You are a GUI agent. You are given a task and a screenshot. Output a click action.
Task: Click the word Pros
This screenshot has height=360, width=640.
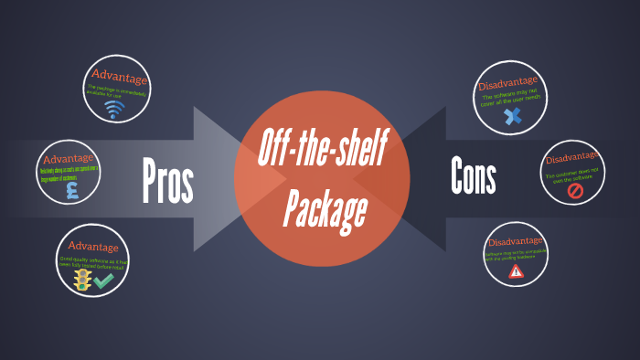[168, 180]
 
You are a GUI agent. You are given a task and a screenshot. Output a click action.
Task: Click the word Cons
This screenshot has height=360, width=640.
[473, 176]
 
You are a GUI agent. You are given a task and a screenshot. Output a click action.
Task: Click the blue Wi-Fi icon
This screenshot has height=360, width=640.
[114, 110]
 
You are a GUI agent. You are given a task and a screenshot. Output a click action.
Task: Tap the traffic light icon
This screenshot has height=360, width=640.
[82, 279]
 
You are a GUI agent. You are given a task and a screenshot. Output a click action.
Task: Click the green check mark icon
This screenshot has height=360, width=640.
[103, 281]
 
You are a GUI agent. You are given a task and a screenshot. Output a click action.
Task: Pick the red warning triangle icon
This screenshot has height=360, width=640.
[517, 271]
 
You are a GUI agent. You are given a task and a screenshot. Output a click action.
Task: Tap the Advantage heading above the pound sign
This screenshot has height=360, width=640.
[69, 158]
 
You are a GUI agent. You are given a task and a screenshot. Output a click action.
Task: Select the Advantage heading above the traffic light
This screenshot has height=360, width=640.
[93, 247]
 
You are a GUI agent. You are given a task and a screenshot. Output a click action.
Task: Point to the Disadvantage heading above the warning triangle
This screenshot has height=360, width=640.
[516, 241]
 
